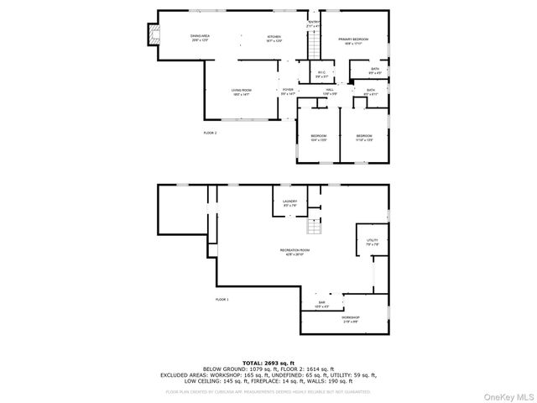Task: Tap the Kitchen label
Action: coord(274,38)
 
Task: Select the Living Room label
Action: coord(242,92)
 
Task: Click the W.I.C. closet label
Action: coord(321,75)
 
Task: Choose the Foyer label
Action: coord(288,92)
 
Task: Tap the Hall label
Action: coord(330,92)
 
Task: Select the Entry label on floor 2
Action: coord(314,24)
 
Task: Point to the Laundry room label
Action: coord(290,203)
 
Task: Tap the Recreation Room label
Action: coord(295,251)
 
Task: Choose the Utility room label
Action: coord(372,242)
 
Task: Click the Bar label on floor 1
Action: coord(321,304)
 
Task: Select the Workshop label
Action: coord(350,318)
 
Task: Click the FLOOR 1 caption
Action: coord(222,300)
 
